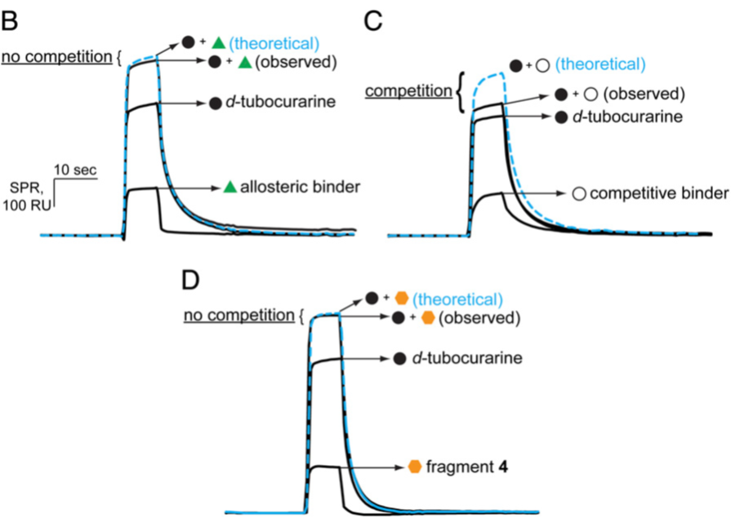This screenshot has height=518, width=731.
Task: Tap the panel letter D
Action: (190, 279)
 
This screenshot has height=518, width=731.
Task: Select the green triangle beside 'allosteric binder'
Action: (230, 187)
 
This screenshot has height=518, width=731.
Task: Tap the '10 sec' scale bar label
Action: (75, 170)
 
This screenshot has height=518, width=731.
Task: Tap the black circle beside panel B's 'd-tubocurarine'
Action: (215, 104)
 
